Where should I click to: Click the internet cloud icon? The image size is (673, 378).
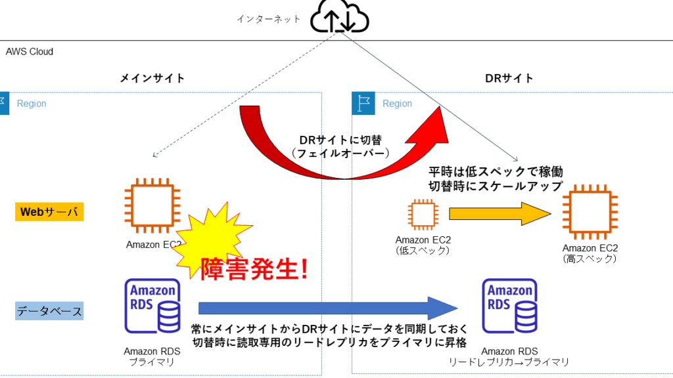pyautogui.click(x=340, y=16)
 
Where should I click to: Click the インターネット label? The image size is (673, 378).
pyautogui.click(x=269, y=19)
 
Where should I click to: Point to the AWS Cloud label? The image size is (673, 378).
pyautogui.click(x=29, y=51)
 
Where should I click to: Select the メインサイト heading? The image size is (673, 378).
pyautogui.click(x=152, y=78)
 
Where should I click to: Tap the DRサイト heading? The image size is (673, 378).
pyautogui.click(x=509, y=78)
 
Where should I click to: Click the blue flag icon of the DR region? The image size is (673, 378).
pyautogui.click(x=363, y=103)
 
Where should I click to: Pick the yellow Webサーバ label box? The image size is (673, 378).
pyautogui.click(x=49, y=212)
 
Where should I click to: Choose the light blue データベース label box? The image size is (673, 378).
pyautogui.click(x=49, y=311)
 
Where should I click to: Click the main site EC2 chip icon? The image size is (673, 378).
pyautogui.click(x=152, y=205)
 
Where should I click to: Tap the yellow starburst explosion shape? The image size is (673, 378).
pyautogui.click(x=212, y=240)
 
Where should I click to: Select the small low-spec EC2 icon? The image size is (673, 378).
pyautogui.click(x=423, y=215)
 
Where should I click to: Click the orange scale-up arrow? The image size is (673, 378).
pyautogui.click(x=500, y=214)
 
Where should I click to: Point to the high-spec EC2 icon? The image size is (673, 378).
pyautogui.click(x=590, y=212)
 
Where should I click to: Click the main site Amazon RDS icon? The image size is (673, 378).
pyautogui.click(x=152, y=306)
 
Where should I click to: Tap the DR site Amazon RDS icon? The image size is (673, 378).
pyautogui.click(x=509, y=306)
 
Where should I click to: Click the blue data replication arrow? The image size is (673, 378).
pyautogui.click(x=329, y=308)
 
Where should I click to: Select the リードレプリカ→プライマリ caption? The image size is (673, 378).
pyautogui.click(x=509, y=362)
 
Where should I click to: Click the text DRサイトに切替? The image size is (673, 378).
pyautogui.click(x=340, y=140)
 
